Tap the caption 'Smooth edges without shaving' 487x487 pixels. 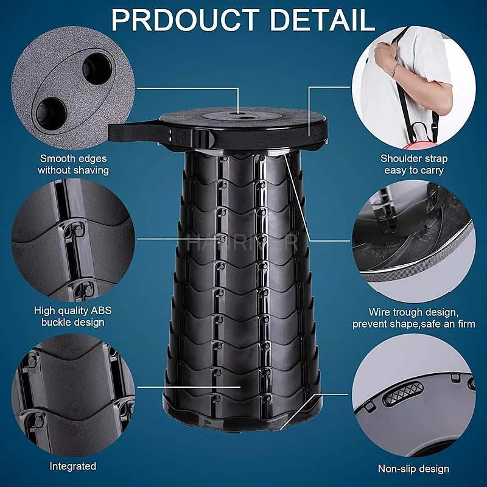tap(72, 164)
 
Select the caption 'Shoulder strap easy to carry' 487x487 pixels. tap(414, 164)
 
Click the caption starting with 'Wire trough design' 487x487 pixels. tap(414, 318)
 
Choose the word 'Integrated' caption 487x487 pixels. tap(72, 466)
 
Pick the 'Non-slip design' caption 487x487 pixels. tap(414, 469)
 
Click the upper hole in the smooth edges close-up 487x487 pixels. tap(95, 65)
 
